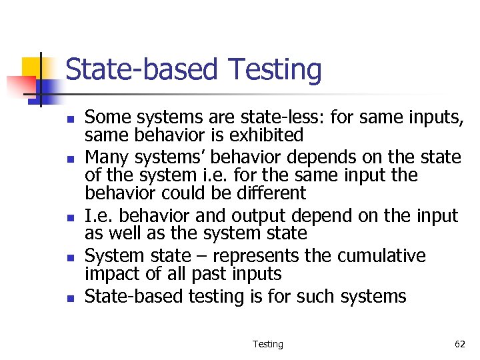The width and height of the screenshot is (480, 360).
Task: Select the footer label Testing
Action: pyautogui.click(x=267, y=344)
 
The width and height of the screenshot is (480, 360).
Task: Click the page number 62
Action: pyautogui.click(x=459, y=344)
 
